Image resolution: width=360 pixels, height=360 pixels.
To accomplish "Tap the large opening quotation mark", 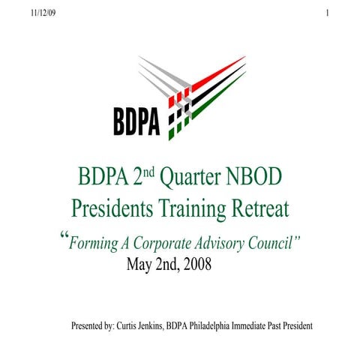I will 63,237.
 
